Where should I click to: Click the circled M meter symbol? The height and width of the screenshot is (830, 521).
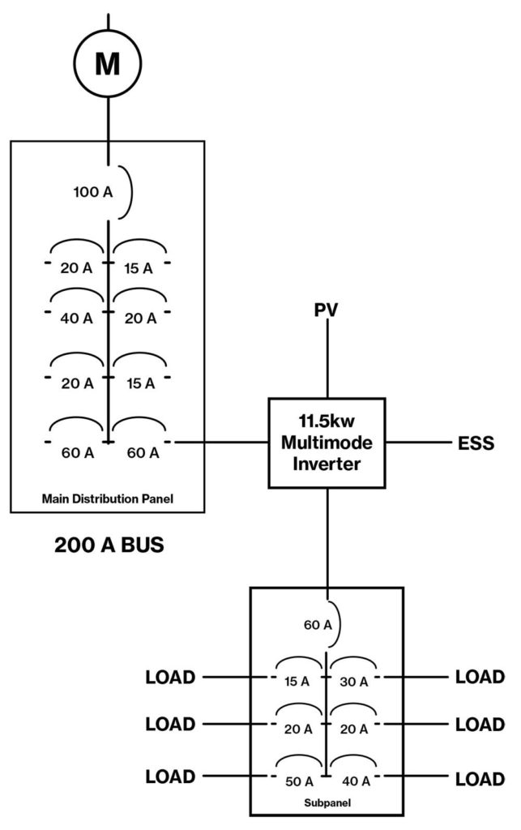pyautogui.click(x=108, y=62)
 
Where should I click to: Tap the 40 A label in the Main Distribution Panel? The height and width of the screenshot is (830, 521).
pyautogui.click(x=77, y=319)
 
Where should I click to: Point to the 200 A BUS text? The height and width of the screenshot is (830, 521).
pyautogui.click(x=109, y=545)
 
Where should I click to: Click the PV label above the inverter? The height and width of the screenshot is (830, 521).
pyautogui.click(x=327, y=310)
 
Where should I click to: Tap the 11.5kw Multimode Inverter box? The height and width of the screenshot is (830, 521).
pyautogui.click(x=327, y=443)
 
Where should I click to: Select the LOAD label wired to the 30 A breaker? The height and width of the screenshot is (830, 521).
pyautogui.click(x=480, y=676)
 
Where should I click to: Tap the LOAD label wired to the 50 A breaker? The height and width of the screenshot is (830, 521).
pyautogui.click(x=170, y=777)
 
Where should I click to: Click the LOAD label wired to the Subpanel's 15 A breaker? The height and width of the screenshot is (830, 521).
pyautogui.click(x=170, y=676)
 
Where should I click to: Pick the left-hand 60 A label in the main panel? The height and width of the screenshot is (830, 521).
pyautogui.click(x=77, y=452)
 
